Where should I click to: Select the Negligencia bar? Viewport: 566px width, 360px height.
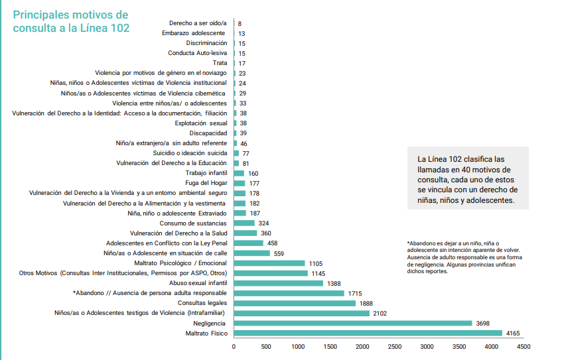tap(352, 323)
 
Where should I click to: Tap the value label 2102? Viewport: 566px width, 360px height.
tap(380, 313)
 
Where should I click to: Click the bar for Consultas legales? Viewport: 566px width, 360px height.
tap(295, 303)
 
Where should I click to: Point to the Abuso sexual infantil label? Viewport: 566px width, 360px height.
tap(198, 283)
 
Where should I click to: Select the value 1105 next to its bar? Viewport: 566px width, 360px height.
tap(317, 263)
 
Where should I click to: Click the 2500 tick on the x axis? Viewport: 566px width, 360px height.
tap(395, 347)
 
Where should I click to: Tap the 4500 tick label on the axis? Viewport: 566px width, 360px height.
tap(524, 347)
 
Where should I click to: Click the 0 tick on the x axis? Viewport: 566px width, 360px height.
tap(234, 347)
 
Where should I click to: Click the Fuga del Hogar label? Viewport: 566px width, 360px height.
tap(206, 183)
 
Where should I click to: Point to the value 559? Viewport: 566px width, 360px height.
tap(279, 253)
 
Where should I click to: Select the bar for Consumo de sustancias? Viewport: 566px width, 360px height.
tap(244, 223)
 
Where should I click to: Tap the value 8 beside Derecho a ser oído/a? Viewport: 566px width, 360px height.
tap(239, 23)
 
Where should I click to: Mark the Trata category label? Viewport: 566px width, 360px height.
tap(218, 63)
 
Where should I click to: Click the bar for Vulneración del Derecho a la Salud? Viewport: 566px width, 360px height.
tap(246, 233)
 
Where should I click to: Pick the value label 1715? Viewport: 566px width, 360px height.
tap(355, 293)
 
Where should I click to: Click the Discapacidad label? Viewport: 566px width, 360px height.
tap(208, 133)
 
